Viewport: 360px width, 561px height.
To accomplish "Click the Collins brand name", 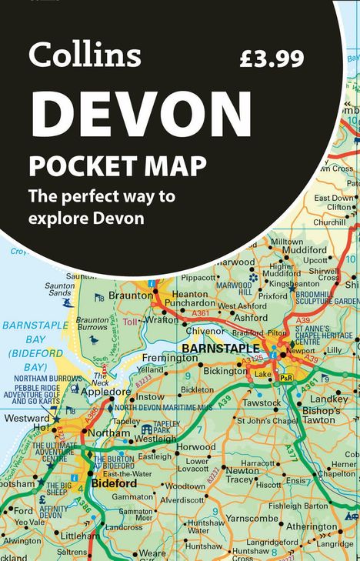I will click(x=85, y=55).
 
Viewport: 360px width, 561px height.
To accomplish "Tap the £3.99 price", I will click(x=272, y=58).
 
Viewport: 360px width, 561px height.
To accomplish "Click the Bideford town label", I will click(x=114, y=485).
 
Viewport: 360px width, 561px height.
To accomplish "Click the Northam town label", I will click(x=109, y=433).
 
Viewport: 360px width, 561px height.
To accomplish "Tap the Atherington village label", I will click(x=312, y=527).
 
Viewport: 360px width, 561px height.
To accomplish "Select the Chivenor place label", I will click(x=205, y=330).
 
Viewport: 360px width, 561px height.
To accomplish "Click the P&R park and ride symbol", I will click(x=286, y=378).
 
